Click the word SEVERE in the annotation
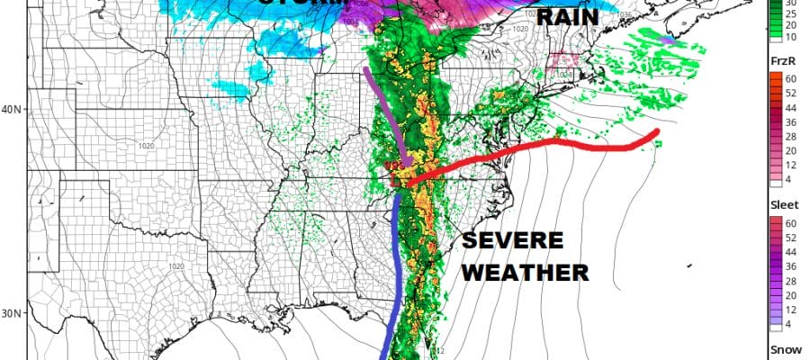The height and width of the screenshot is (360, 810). coord(513,241)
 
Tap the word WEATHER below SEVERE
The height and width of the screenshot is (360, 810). coord(525,271)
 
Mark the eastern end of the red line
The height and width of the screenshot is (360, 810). coord(657,133)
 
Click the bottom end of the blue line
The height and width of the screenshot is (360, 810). coord(383,357)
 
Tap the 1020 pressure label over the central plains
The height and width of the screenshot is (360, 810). coord(148,146)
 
